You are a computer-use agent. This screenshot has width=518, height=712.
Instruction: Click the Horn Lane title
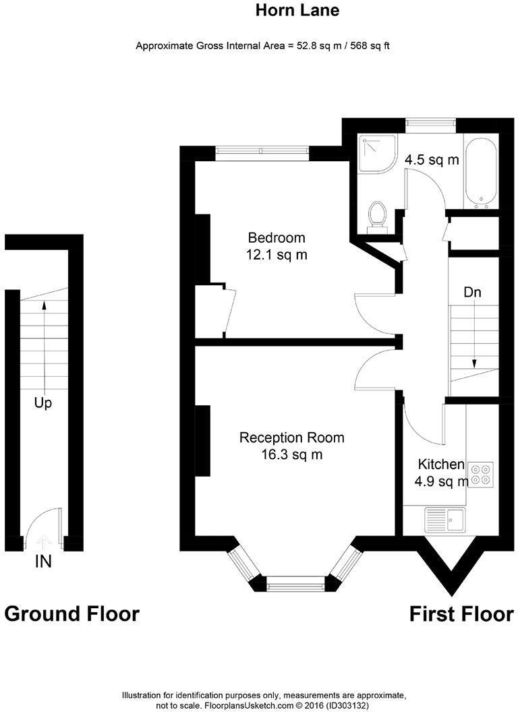pyautogui.click(x=297, y=11)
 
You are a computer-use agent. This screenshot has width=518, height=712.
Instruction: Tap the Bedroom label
pyautogui.click(x=277, y=238)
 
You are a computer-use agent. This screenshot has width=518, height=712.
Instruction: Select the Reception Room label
pyautogui.click(x=291, y=438)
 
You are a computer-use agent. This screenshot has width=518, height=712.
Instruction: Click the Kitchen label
pyautogui.click(x=441, y=464)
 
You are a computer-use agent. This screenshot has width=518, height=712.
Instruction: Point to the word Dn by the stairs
pyautogui.click(x=472, y=293)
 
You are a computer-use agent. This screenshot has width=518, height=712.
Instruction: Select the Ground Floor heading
pyautogui.click(x=72, y=614)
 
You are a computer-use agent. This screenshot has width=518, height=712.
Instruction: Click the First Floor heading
pyautogui.click(x=461, y=614)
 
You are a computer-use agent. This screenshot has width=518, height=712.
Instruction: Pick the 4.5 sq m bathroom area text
pyautogui.click(x=432, y=160)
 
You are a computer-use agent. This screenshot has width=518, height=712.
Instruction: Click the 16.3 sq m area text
pyautogui.click(x=291, y=455)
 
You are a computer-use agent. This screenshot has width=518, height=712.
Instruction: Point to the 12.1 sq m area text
pyautogui.click(x=277, y=255)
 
